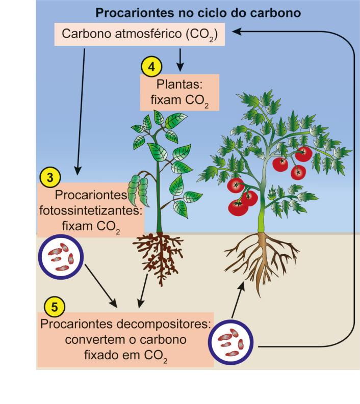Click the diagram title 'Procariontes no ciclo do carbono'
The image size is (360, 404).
[198, 13]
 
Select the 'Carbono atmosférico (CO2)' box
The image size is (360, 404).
[140, 34]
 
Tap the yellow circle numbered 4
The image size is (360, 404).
[151, 67]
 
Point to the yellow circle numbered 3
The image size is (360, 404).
[50, 177]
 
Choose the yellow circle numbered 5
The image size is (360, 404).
[55, 307]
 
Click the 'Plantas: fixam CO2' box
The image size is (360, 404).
[179, 93]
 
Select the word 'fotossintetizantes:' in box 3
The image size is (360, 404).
[91, 210]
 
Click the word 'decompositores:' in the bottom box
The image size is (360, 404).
[164, 324]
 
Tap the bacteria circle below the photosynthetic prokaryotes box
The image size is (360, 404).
[61, 257]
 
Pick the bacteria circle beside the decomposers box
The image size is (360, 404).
[231, 342]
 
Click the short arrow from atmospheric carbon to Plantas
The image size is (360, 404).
[180, 60]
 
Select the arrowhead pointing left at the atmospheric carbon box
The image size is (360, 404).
[237, 32]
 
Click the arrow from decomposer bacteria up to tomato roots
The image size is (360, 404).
[238, 300]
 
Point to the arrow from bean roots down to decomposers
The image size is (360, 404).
[143, 291]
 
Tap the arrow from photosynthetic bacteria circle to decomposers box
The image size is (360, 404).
[101, 286]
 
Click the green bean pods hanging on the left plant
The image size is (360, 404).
[139, 190]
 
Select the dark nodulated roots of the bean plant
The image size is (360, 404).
[159, 258]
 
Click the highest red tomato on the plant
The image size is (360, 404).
[303, 153]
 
